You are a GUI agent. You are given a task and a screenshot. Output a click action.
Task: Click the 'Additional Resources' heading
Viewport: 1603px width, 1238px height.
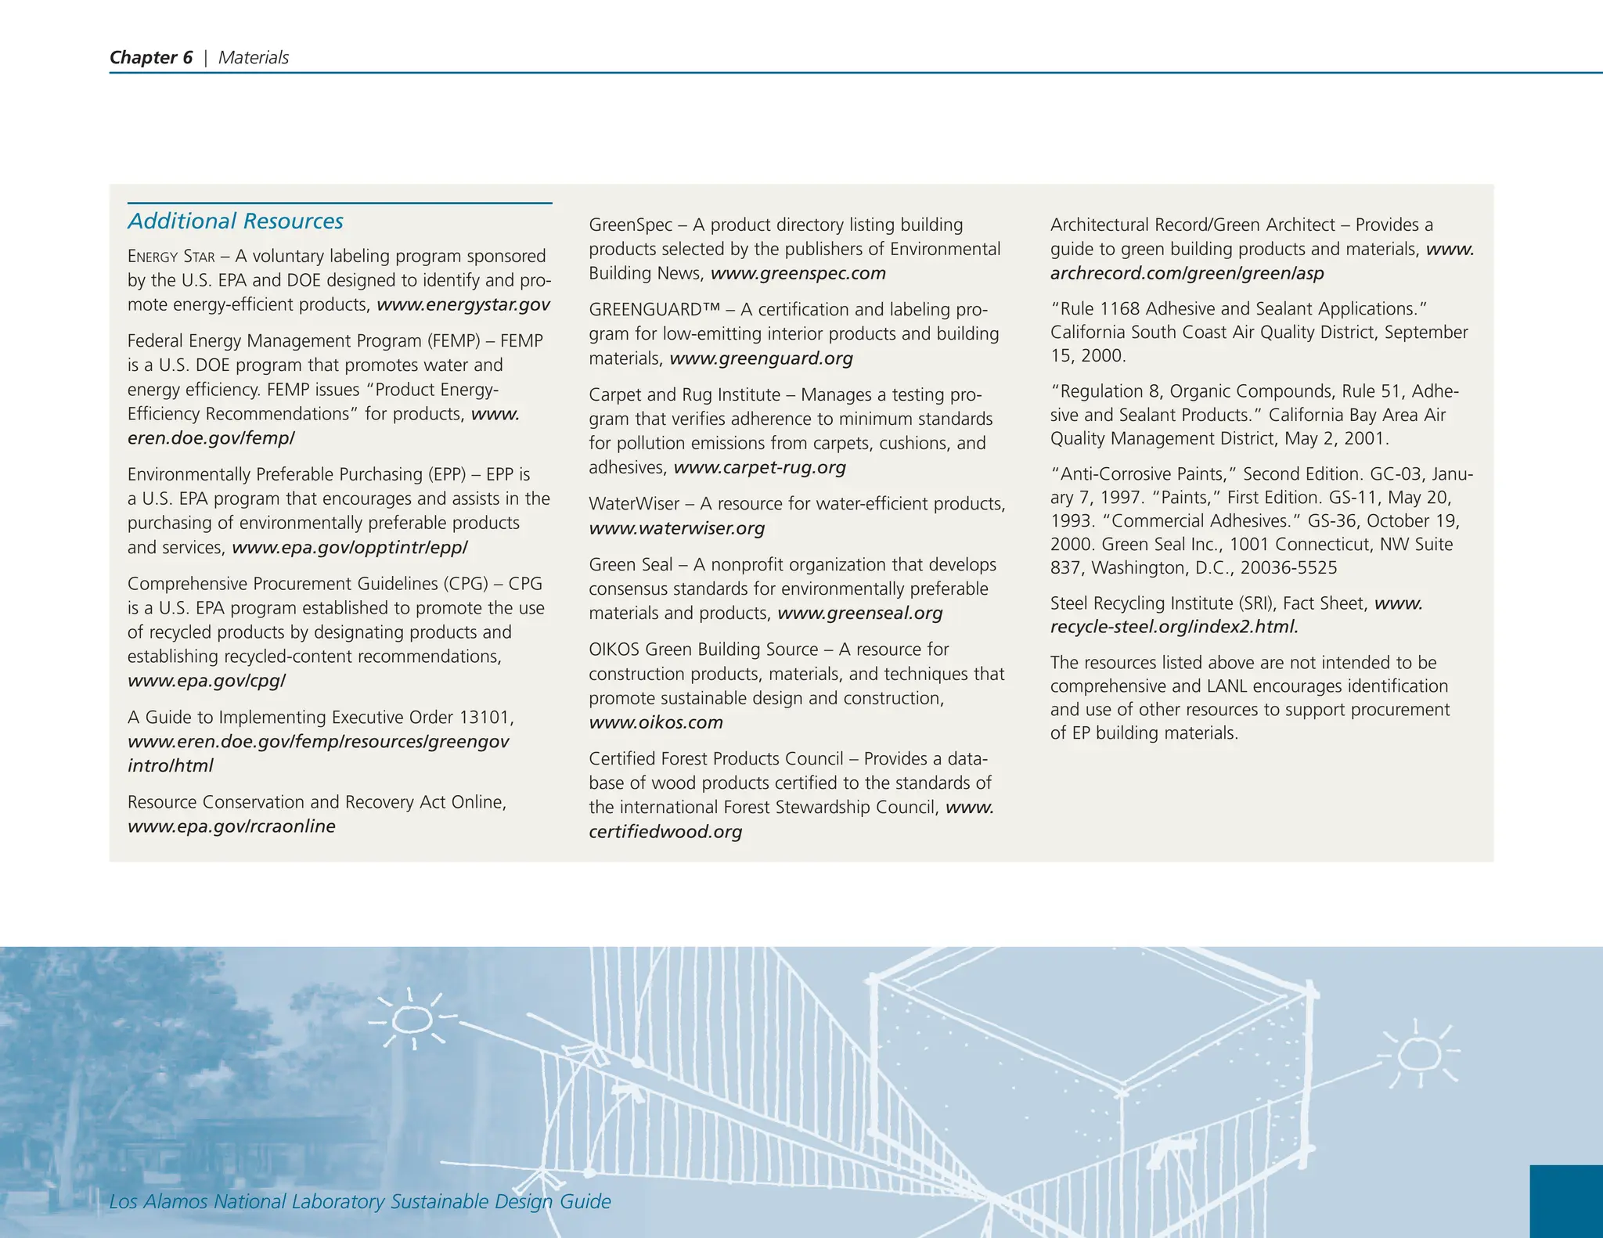pyautogui.click(x=235, y=221)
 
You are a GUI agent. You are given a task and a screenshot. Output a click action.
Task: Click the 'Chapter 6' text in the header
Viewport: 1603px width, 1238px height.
pyautogui.click(x=150, y=57)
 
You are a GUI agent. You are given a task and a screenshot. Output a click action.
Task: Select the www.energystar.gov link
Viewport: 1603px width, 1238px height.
pyautogui.click(x=463, y=304)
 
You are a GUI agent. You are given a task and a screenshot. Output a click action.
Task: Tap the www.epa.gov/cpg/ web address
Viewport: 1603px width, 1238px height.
pyautogui.click(x=207, y=681)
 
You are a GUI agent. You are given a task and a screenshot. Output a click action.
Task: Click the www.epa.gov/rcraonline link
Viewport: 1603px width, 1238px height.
pyautogui.click(x=231, y=826)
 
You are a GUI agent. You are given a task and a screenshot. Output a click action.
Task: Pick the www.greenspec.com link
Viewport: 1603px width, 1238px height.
pyautogui.click(x=798, y=273)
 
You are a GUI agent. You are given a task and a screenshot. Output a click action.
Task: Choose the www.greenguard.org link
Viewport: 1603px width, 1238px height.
pyautogui.click(x=761, y=358)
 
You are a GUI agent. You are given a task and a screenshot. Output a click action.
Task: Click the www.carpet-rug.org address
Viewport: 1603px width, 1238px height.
pyautogui.click(x=759, y=467)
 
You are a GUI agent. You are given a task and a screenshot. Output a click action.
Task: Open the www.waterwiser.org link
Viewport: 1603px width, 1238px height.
pyautogui.click(x=676, y=528)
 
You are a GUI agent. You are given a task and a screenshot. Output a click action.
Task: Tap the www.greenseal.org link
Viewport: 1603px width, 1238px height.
pyautogui.click(x=859, y=613)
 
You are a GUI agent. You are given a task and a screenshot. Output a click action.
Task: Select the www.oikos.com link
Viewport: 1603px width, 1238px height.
pyautogui.click(x=655, y=722)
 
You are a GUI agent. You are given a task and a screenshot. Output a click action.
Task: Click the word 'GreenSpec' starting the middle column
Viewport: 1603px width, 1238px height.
pyautogui.click(x=630, y=225)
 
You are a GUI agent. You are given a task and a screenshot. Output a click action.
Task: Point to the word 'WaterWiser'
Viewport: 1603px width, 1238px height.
pyautogui.click(x=633, y=504)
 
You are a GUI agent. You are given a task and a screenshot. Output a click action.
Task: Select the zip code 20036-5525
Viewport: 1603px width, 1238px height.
pyautogui.click(x=1288, y=568)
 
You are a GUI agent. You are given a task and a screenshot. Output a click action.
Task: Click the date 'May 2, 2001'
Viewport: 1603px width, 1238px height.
pyautogui.click(x=1335, y=438)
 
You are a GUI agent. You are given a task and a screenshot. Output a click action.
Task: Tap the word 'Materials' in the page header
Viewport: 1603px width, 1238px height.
pyautogui.click(x=253, y=57)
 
